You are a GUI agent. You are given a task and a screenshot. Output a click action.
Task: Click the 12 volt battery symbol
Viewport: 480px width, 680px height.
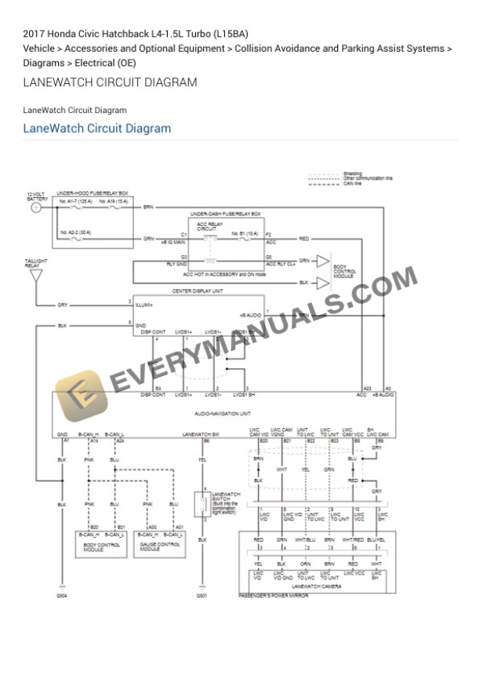coord(35,208)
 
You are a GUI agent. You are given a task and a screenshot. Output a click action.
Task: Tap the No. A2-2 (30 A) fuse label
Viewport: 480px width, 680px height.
coord(75,232)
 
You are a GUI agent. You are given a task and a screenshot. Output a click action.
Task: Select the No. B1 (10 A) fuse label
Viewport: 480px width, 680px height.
coord(245,233)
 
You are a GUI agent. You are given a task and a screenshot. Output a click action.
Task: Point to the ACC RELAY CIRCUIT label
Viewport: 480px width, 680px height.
coord(209,225)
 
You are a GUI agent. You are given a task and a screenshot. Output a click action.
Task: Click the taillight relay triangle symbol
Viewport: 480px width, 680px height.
coord(35,276)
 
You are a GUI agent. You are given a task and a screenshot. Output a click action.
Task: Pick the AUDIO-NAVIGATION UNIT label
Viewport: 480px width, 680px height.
coord(223,412)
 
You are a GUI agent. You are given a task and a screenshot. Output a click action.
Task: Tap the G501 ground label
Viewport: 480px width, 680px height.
coord(202,597)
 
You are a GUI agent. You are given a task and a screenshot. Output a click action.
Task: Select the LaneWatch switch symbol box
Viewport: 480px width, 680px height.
coord(200,503)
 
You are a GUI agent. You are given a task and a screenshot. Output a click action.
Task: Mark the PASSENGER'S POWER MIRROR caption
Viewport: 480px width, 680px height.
coord(273,596)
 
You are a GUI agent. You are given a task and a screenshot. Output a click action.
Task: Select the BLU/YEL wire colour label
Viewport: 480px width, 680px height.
coord(376,540)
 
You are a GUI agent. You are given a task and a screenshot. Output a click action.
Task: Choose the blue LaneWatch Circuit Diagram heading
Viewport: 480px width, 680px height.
coord(96,128)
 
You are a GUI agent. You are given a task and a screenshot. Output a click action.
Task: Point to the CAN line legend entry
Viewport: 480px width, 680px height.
coord(351,183)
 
